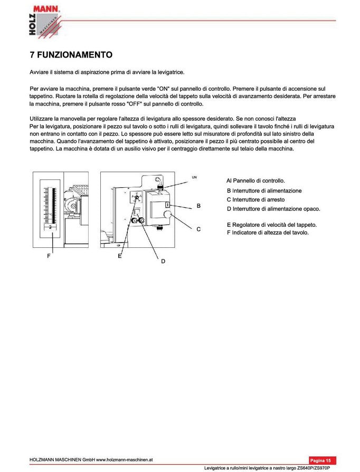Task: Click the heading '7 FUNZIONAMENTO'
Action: [x=71, y=55]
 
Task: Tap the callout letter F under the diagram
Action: [x=49, y=256]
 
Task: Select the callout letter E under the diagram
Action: [x=120, y=256]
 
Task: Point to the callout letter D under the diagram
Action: [x=163, y=261]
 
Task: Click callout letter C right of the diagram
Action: [x=198, y=229]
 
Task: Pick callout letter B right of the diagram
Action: [x=198, y=206]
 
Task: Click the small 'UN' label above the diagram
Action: [x=194, y=177]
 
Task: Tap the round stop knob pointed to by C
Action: [x=168, y=215]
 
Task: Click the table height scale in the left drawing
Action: [x=50, y=206]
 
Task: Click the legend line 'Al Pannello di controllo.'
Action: [x=255, y=180]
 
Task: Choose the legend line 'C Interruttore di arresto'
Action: [x=255, y=199]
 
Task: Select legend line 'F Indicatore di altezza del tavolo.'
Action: [x=268, y=233]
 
